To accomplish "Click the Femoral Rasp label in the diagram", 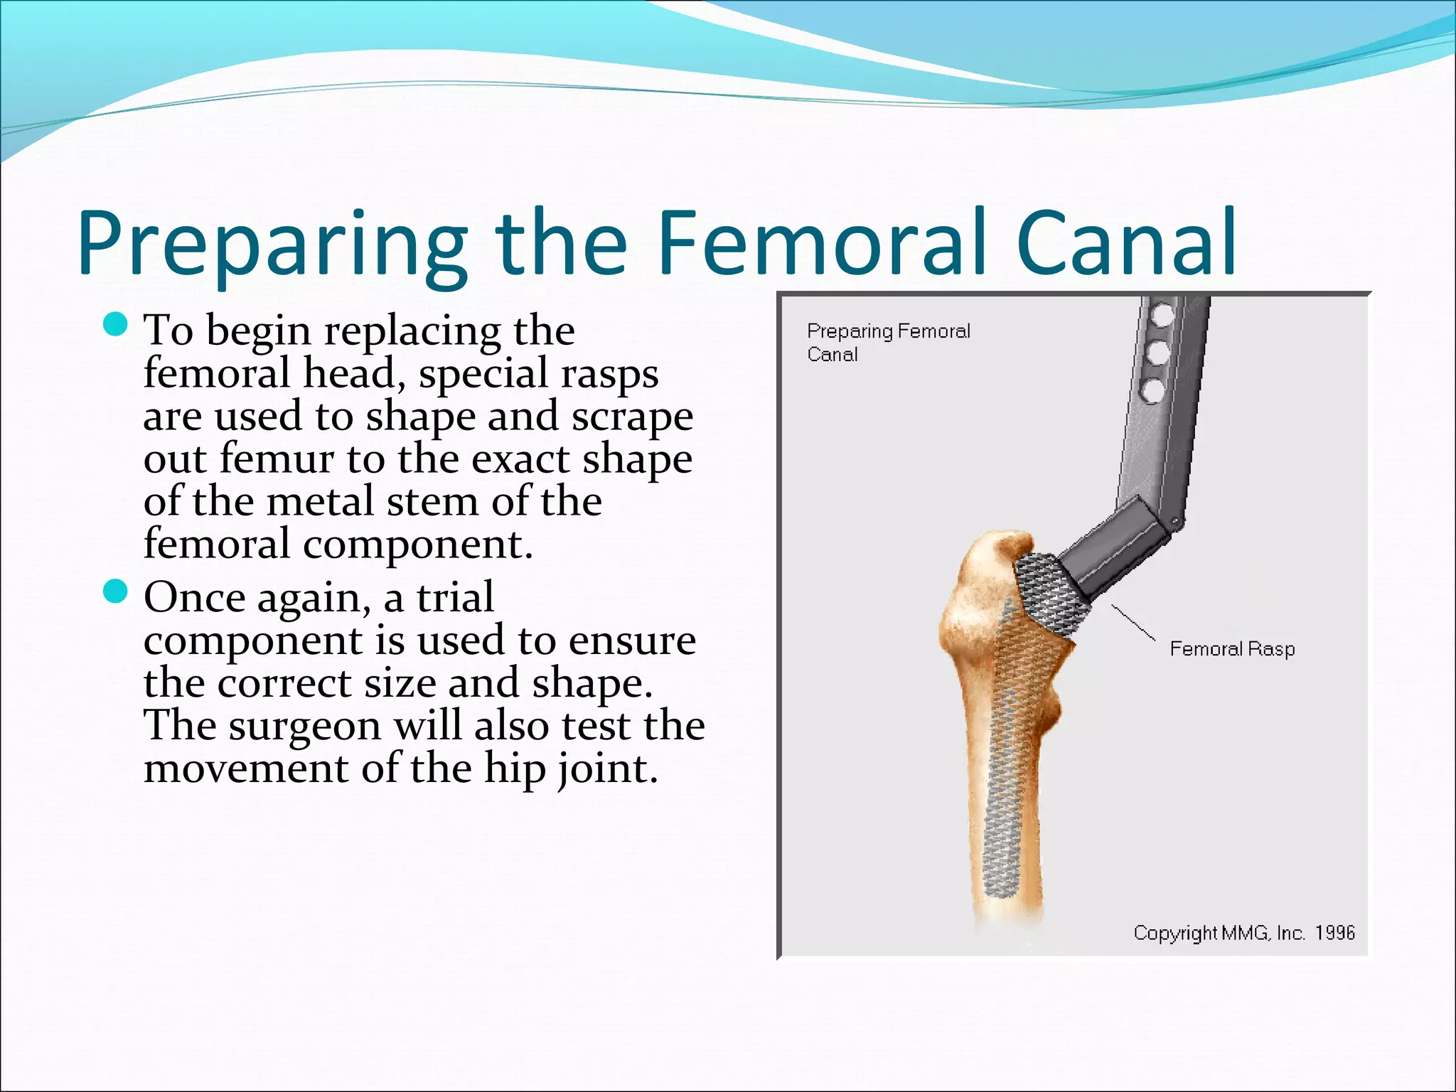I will [1232, 649].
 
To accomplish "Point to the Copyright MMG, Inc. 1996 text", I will [1243, 932].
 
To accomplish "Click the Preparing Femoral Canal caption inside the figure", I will [888, 342].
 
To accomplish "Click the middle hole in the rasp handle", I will [1158, 353].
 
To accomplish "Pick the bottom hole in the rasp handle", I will [1153, 390].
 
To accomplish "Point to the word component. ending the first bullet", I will [417, 545].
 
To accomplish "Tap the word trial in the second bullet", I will [455, 597].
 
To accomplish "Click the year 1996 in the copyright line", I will [1334, 932].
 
